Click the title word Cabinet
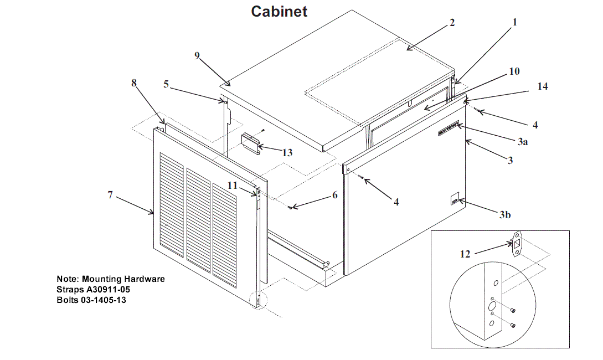(x=279, y=11)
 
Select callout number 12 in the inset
(x=465, y=254)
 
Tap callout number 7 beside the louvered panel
(x=110, y=194)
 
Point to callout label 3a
(x=522, y=142)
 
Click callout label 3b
(x=504, y=215)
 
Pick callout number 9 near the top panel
(x=197, y=55)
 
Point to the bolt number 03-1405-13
(x=105, y=300)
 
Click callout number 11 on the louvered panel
(x=233, y=186)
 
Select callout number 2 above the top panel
(x=452, y=23)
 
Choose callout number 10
(x=514, y=71)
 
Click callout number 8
(x=133, y=83)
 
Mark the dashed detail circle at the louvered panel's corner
(x=258, y=300)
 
